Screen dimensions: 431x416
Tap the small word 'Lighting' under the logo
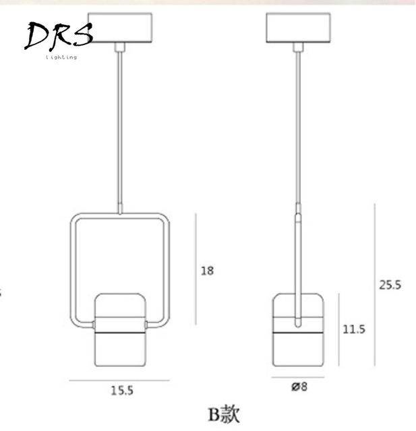tap(61, 58)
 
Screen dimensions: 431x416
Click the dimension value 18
tap(207, 271)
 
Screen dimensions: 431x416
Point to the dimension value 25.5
tap(389, 285)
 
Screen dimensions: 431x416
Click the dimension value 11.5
tap(353, 329)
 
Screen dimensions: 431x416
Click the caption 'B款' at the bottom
tap(223, 413)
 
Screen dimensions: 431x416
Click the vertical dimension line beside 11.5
tap(336, 329)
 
